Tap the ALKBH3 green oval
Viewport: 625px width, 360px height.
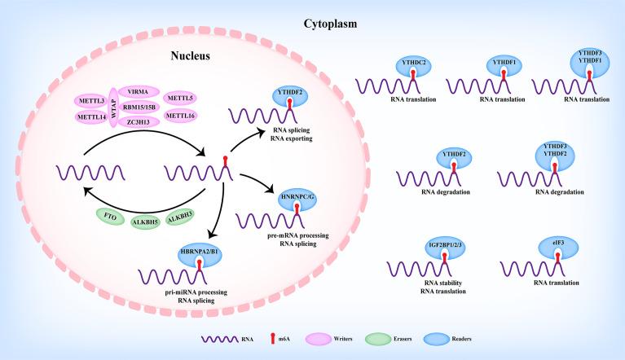tap(186, 216)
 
